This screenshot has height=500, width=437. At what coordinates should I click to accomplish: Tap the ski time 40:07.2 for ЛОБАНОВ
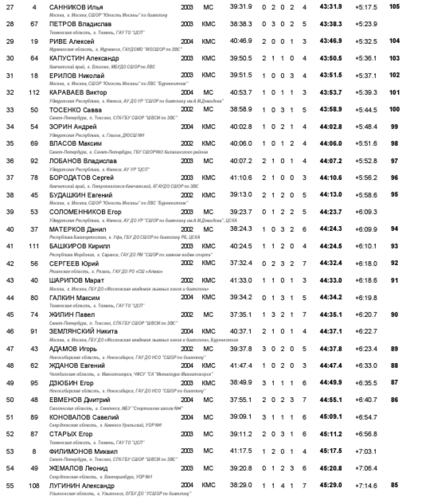coord(241,160)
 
